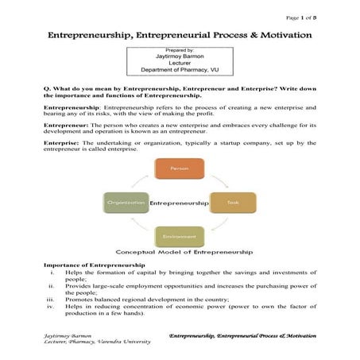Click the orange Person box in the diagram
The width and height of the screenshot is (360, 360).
coord(180,168)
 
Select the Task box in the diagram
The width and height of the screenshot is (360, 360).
coord(232,203)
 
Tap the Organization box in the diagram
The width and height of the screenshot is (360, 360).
coord(126,203)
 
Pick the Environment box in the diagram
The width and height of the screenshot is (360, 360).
coord(180,236)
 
